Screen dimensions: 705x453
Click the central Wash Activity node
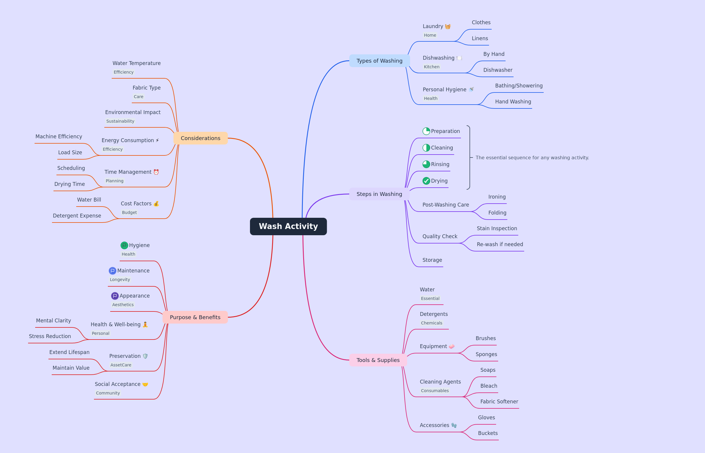[x=288, y=226]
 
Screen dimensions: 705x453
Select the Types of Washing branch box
[x=379, y=61]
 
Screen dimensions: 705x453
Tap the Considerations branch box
[x=201, y=138]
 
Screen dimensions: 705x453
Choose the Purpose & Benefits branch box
[x=195, y=317]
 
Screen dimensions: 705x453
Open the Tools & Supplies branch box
[x=378, y=360]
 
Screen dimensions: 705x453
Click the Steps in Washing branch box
[x=379, y=194]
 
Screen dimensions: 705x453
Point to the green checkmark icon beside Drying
[x=426, y=181]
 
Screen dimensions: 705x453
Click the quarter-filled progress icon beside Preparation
[x=426, y=131]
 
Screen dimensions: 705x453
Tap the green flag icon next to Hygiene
[x=124, y=245]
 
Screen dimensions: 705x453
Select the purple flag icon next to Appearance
[x=115, y=296]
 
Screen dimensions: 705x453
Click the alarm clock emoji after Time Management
[x=156, y=172]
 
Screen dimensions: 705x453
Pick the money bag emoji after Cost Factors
[x=156, y=204]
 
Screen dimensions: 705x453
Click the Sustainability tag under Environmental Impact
[x=120, y=121]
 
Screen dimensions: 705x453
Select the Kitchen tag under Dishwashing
[x=432, y=67]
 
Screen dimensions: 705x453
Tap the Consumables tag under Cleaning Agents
[x=435, y=391]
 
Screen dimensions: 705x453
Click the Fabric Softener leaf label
[x=499, y=402]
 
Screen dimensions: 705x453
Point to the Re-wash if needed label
[x=500, y=244]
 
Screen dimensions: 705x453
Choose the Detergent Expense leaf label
[x=77, y=216]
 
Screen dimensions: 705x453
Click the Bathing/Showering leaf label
[x=519, y=86]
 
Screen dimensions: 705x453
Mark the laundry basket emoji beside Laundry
[x=448, y=27]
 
